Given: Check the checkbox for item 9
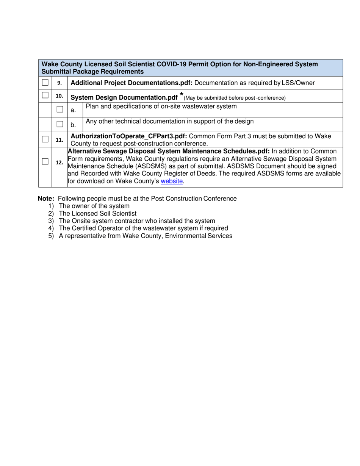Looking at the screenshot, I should (45, 82).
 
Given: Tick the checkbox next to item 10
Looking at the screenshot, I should (45, 95).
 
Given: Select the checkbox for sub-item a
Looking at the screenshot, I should (60, 109).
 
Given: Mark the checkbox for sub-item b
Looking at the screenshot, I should (60, 124).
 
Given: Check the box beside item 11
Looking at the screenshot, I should (45, 139).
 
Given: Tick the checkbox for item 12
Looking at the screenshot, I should (45, 162).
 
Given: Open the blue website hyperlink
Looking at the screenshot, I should (172, 181).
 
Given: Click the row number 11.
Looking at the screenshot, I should (59, 140).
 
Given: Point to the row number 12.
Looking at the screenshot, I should (59, 163).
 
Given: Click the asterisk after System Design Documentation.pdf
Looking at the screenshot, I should (182, 95).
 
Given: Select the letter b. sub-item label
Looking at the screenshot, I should (73, 125).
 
